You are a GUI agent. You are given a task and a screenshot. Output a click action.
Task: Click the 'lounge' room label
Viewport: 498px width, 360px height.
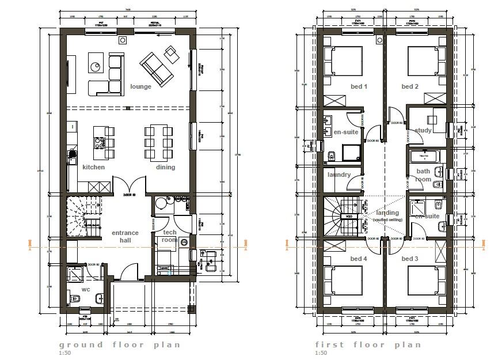pyautogui.click(x=140, y=87)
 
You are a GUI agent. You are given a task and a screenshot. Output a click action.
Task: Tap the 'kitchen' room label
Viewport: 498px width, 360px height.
pyautogui.click(x=93, y=167)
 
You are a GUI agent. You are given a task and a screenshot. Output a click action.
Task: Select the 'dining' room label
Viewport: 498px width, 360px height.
pyautogui.click(x=165, y=167)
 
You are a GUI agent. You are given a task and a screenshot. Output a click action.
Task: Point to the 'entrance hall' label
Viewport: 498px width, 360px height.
pyautogui.click(x=125, y=236)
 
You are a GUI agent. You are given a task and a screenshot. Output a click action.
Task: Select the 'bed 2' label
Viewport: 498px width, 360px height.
pyautogui.click(x=410, y=87)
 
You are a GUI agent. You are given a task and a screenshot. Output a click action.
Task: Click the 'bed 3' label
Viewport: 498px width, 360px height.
pyautogui.click(x=410, y=259)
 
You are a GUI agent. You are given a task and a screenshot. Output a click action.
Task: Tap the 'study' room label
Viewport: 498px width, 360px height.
pyautogui.click(x=423, y=130)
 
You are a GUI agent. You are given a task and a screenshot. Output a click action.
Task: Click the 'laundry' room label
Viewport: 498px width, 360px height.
pyautogui.click(x=339, y=175)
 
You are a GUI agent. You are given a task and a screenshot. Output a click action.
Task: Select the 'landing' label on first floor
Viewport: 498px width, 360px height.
pyautogui.click(x=388, y=213)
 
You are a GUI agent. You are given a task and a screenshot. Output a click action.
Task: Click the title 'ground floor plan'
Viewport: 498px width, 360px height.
pyautogui.click(x=119, y=344)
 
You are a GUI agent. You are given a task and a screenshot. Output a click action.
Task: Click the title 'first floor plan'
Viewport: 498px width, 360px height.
pyautogui.click(x=368, y=344)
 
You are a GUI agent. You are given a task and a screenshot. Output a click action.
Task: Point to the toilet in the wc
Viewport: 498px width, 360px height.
pyautogui.click(x=75, y=300)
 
